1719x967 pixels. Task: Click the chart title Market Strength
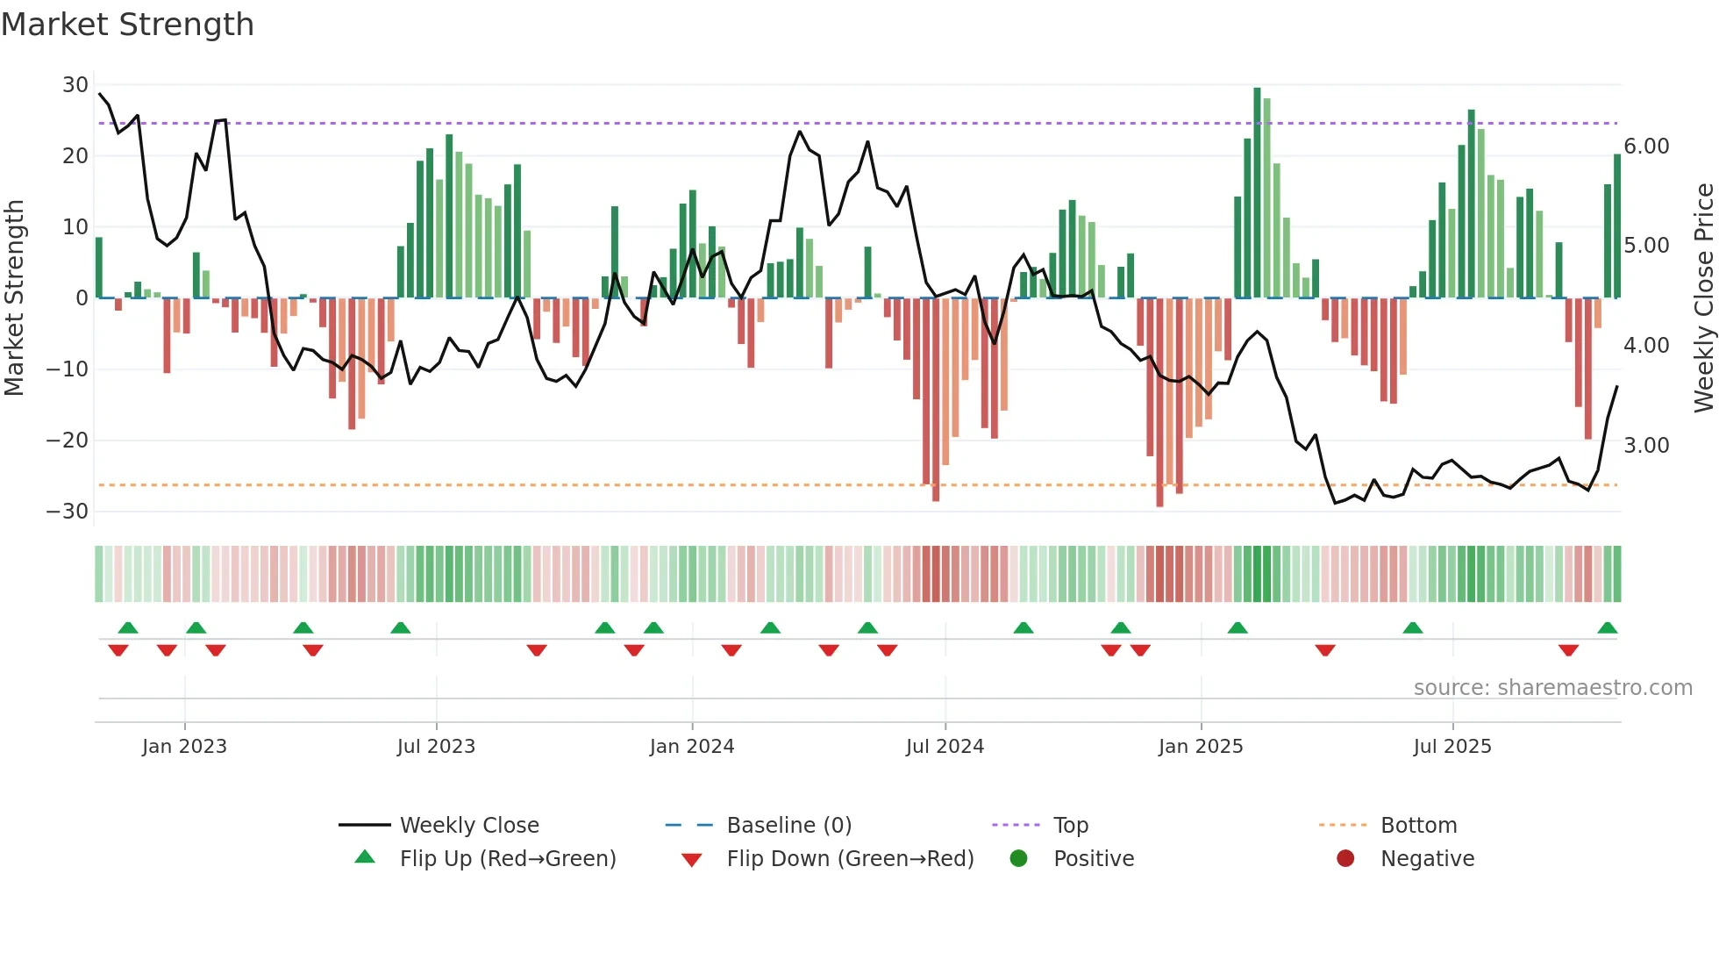coord(127,25)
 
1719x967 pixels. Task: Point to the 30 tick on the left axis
coord(75,85)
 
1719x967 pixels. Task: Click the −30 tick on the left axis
coord(68,512)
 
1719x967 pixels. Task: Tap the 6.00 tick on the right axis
coord(1646,147)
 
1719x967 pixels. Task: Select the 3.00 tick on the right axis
coord(1646,446)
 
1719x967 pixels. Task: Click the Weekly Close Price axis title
coord(1703,298)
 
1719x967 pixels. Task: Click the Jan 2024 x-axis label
coord(692,747)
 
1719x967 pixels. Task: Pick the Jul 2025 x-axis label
coord(1452,747)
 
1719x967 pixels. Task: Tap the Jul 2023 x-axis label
coord(436,747)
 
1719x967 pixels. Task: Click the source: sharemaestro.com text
coord(1552,688)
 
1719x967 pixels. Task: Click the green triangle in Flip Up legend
coord(365,857)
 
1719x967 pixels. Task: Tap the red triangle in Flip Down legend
coord(691,860)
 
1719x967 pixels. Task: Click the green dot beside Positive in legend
coord(1018,858)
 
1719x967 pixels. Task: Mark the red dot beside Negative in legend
coord(1345,858)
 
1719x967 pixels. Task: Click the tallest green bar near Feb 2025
coord(1257,193)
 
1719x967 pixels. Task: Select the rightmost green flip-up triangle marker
coord(1607,628)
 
